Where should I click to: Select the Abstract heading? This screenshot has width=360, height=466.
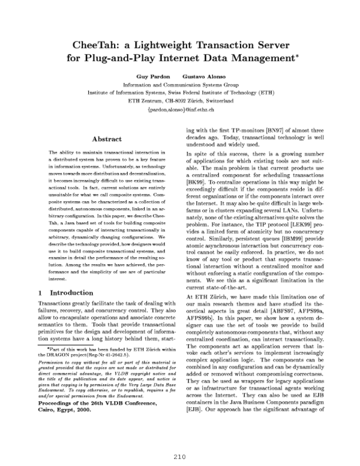click(107, 139)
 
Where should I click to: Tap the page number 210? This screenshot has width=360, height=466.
click(180, 455)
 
